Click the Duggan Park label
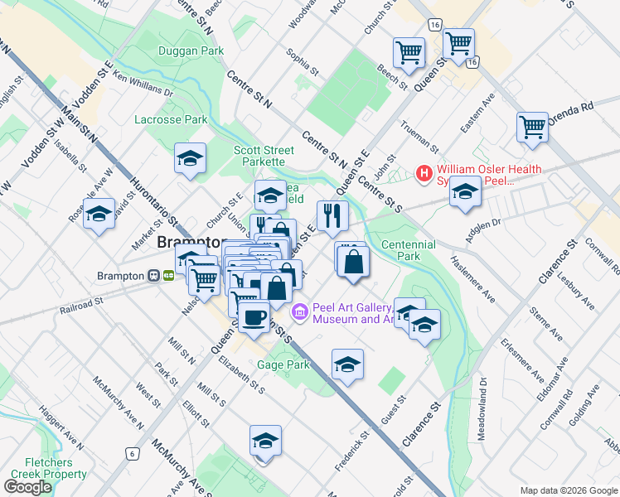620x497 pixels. click(x=191, y=51)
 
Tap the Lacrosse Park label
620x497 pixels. click(x=171, y=120)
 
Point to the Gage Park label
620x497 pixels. click(x=283, y=364)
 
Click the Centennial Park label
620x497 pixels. click(x=408, y=251)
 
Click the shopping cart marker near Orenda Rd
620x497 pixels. click(x=532, y=128)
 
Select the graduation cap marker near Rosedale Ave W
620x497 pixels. click(x=99, y=214)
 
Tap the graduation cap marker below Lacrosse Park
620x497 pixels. click(x=190, y=157)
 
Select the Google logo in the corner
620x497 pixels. click(x=27, y=487)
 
